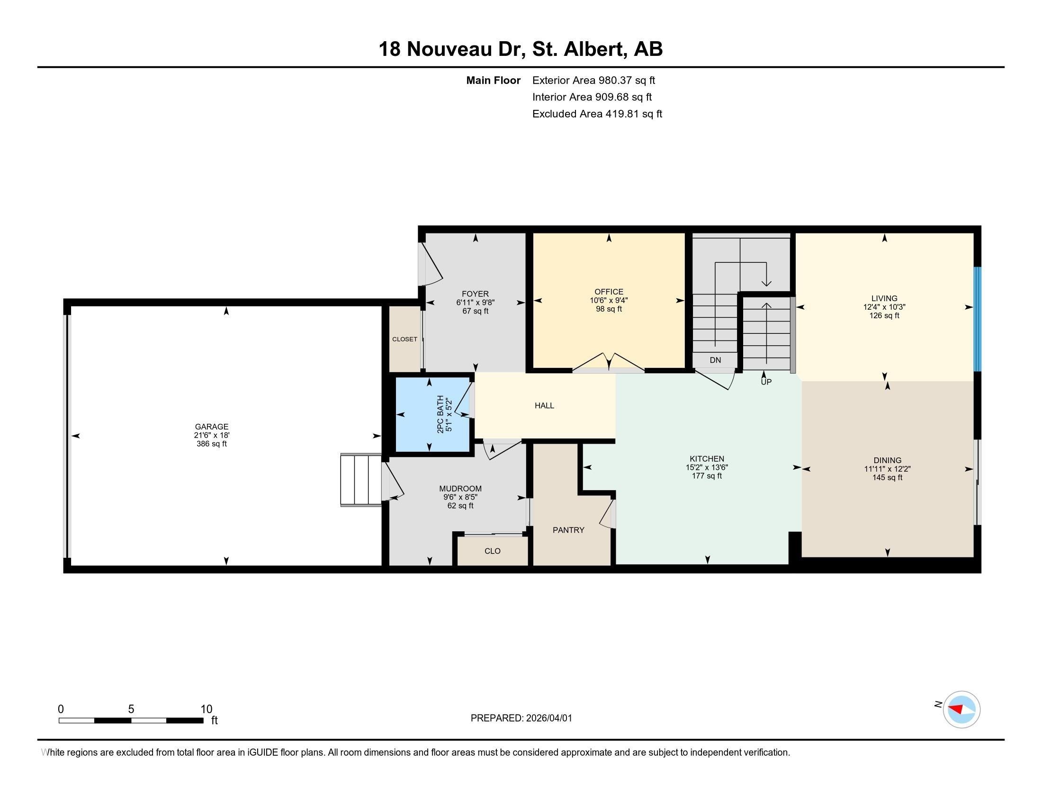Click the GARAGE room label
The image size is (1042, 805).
[x=211, y=427]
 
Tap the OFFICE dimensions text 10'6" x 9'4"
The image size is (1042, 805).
[x=609, y=300]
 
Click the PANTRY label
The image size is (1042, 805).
[x=568, y=530]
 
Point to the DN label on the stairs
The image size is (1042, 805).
[x=715, y=360]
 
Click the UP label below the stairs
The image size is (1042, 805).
[x=766, y=382]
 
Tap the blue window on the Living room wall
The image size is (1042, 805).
[x=977, y=319]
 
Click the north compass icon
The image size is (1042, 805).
[x=961, y=709]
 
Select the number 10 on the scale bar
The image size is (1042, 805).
[x=206, y=709]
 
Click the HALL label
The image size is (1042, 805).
[x=544, y=405]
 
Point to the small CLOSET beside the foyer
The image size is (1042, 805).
[x=404, y=339]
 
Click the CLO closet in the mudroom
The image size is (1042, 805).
[x=493, y=551]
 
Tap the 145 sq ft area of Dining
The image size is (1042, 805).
[x=888, y=477]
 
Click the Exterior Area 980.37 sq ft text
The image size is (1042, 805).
[x=593, y=80]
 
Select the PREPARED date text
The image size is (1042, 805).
[x=521, y=718]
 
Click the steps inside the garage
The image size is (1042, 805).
[x=361, y=479]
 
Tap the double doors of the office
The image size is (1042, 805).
[x=609, y=362]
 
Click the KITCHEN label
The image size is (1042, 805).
[x=707, y=459]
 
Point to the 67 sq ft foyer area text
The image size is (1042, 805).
[x=475, y=311]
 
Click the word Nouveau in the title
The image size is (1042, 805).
[x=449, y=49]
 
